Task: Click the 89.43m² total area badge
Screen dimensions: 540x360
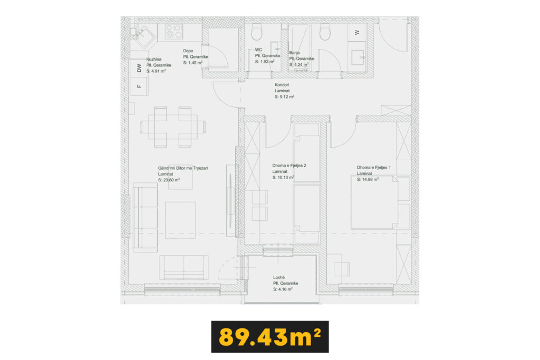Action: (270, 337)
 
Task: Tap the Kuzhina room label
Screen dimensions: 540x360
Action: (153, 59)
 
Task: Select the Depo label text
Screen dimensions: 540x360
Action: (188, 51)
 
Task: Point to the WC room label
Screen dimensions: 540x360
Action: (258, 50)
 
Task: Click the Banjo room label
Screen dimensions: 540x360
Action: (294, 53)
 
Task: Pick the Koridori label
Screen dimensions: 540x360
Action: (282, 85)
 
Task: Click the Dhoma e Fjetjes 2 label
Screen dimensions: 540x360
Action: (289, 166)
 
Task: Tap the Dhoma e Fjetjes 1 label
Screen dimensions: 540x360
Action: (374, 168)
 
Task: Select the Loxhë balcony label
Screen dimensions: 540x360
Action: (279, 277)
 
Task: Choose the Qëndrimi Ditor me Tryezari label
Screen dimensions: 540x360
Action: (183, 168)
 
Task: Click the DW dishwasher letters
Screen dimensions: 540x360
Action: (139, 68)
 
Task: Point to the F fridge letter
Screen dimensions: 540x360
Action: (139, 86)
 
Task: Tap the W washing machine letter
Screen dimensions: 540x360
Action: (357, 33)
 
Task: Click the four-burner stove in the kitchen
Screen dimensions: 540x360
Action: (173, 32)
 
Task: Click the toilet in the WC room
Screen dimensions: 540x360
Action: (257, 32)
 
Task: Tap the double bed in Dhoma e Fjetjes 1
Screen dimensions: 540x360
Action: (374, 202)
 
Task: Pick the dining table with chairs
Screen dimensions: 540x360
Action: (173, 127)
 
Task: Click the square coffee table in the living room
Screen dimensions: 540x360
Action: (180, 220)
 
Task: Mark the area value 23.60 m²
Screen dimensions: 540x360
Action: (169, 180)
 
